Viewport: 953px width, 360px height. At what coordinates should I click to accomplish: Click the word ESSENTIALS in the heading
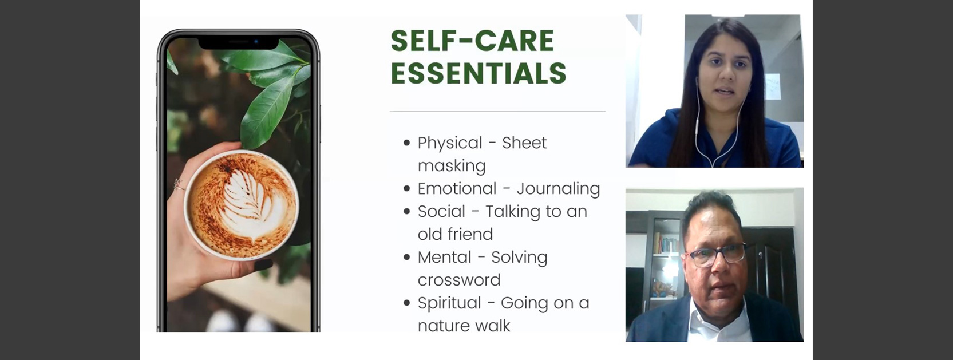click(479, 73)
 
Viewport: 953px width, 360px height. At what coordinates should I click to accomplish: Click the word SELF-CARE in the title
click(472, 41)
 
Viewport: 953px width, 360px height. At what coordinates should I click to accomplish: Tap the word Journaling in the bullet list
click(558, 189)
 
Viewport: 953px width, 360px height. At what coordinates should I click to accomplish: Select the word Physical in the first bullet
click(450, 144)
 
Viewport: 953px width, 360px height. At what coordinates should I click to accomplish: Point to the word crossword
click(459, 280)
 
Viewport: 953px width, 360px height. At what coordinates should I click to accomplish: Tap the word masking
click(452, 166)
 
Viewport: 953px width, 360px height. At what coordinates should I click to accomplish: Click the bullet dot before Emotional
click(407, 188)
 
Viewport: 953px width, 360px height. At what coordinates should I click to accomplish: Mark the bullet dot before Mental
click(407, 257)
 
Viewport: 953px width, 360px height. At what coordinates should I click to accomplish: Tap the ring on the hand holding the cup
click(178, 184)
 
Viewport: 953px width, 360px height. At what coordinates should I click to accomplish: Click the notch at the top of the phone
click(239, 43)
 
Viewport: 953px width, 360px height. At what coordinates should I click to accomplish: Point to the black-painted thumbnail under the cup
click(263, 264)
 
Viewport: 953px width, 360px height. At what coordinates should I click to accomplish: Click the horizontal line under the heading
click(497, 112)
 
